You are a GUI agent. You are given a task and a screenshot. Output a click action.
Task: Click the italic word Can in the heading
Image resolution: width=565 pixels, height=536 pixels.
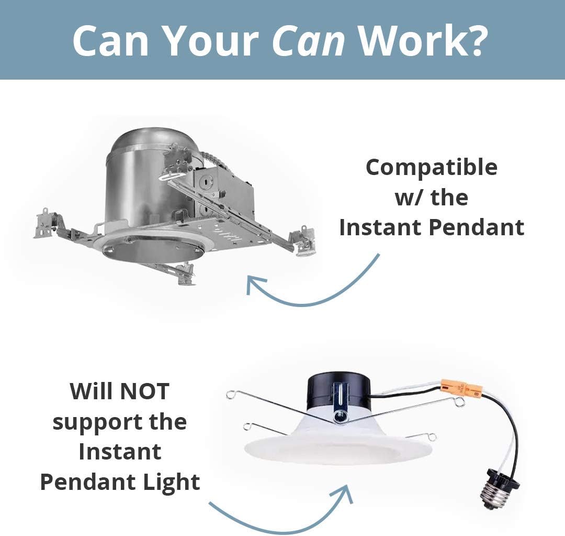308,40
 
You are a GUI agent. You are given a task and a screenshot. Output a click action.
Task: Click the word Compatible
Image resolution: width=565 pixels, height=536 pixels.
432,168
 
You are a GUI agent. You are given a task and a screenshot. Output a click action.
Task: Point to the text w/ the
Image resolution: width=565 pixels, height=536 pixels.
432,198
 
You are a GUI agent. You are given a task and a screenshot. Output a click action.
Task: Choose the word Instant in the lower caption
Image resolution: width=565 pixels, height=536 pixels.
120,452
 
